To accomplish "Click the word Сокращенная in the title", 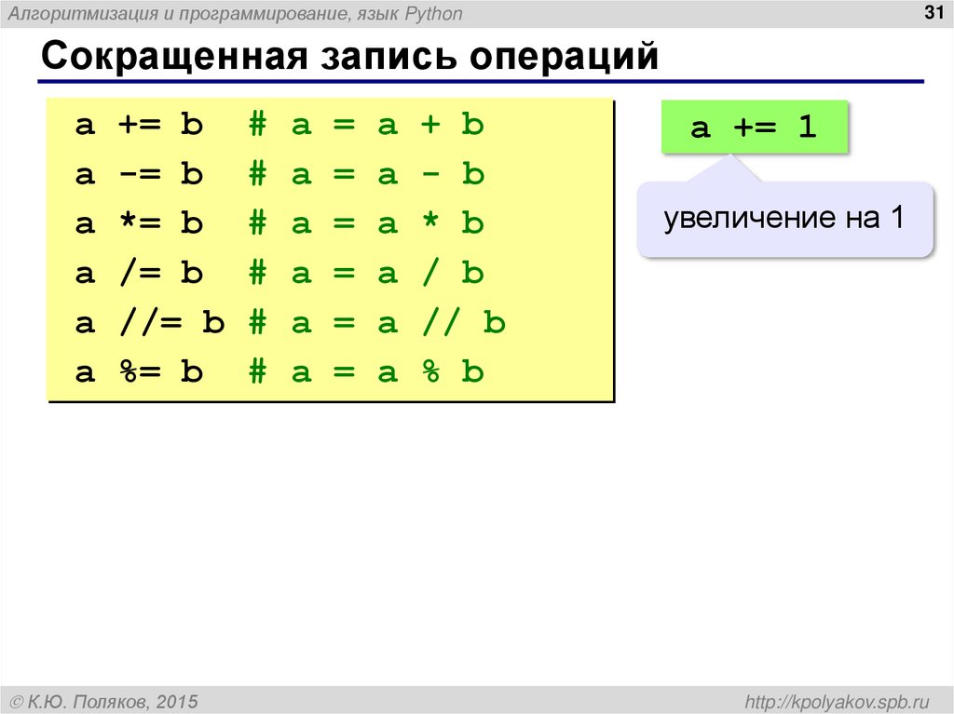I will [173, 57].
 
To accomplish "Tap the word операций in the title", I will [563, 57].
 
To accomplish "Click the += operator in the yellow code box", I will [138, 126].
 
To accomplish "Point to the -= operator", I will [138, 175].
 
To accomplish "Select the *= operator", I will [138, 224].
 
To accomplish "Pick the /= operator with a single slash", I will [138, 275].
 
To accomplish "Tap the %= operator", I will [138, 373].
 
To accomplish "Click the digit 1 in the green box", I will [807, 128].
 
